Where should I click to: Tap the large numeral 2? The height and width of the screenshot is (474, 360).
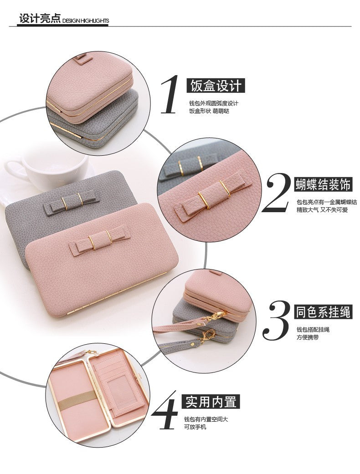point(277,193)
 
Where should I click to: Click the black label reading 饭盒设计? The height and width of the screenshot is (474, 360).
point(216,86)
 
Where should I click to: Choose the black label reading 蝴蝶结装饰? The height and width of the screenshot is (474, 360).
point(324,184)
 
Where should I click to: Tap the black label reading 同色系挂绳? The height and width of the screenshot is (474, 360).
point(324,312)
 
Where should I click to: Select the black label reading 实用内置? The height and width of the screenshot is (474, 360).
point(211,402)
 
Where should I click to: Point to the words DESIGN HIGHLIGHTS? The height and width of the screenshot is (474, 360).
point(86,21)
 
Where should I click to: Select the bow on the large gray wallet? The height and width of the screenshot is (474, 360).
point(72,201)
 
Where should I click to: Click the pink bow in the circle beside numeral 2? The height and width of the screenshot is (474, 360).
point(213,196)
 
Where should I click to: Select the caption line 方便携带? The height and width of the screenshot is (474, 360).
point(307,337)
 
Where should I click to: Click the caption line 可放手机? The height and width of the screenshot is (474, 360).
point(195,427)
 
